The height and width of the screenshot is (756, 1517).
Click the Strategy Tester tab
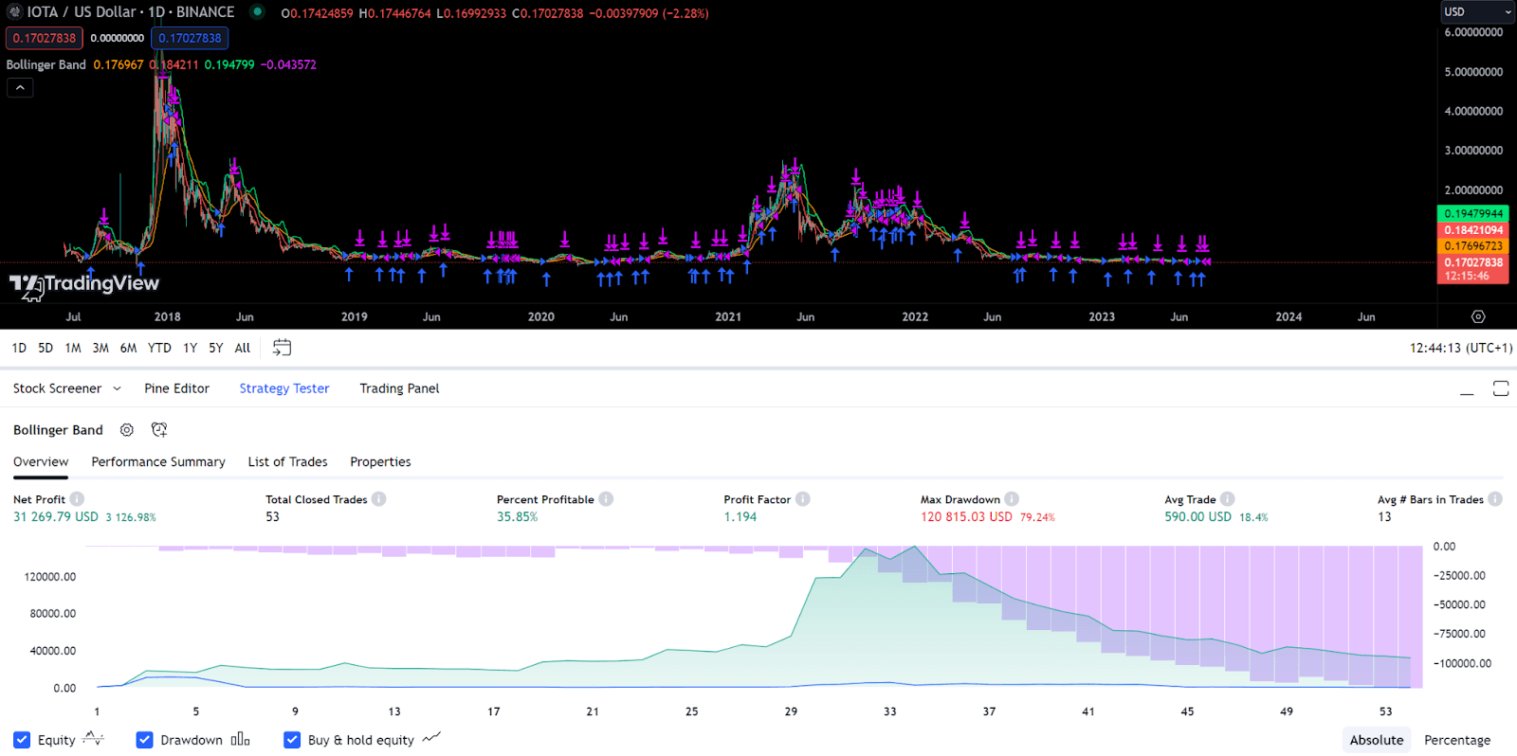283,388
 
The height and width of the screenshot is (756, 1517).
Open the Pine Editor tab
176,388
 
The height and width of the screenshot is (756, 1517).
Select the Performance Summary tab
158,462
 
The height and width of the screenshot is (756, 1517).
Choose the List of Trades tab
287,462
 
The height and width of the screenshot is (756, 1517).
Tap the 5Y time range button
216,349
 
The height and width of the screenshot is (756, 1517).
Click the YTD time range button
159,349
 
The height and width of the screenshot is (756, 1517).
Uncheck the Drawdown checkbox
145,740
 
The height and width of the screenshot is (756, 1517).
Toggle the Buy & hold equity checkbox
292,740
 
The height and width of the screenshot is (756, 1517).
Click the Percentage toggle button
1456,740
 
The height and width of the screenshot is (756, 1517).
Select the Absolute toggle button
1376,740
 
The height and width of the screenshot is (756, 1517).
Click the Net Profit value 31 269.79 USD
56,517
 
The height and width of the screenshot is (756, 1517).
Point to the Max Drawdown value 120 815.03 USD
966,517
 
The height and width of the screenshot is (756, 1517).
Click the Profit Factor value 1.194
740,517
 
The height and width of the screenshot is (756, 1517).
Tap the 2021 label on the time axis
728,317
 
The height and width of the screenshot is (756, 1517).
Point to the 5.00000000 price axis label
1473,72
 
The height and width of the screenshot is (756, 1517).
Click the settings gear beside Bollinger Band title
127,430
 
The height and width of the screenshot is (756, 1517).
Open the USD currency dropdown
1477,11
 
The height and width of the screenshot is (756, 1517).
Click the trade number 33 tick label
889,711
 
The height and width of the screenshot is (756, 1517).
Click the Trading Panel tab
399,388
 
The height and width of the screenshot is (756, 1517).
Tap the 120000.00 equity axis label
50,577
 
